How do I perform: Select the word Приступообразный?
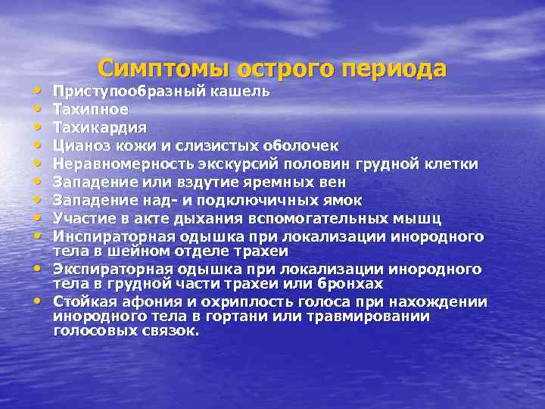(x=121, y=92)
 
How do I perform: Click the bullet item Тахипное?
(x=86, y=110)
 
